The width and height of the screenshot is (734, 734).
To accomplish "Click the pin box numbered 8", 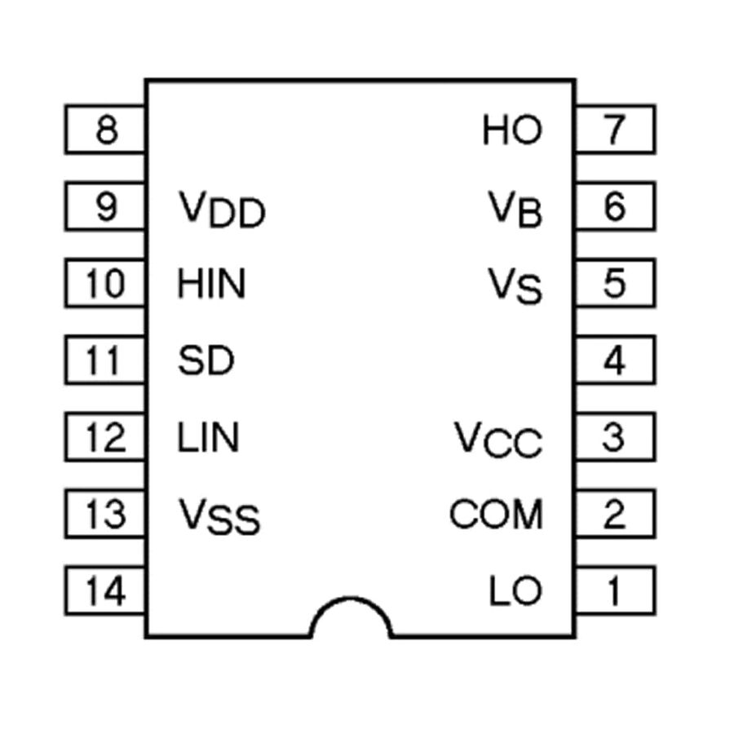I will pos(106,130).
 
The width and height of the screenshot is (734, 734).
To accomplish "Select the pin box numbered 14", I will pos(106,590).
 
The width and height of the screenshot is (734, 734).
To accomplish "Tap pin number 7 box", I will pos(615,130).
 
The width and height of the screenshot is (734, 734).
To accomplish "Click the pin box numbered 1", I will pos(615,590).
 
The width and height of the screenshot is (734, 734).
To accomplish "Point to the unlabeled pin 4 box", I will pos(615,360).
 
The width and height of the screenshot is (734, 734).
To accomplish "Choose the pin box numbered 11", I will pos(106,360).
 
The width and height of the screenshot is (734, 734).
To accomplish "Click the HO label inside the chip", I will pos(512,130).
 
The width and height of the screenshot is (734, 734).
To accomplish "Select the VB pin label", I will pos(515,210).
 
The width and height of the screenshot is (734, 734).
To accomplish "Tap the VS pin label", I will pos(515,286).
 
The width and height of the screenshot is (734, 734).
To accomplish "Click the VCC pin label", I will pos(498,440).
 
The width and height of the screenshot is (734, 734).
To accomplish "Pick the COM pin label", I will pos(496,514).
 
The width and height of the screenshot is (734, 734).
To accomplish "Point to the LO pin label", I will pos(515,591).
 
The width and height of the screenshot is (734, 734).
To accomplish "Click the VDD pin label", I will pos(221,210).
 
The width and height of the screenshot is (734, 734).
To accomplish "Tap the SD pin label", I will pos(206,360).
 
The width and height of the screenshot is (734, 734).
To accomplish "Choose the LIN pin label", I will pos(208,438).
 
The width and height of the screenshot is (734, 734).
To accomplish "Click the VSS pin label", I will pos(219,516).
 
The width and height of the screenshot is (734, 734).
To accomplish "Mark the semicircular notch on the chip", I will pos(351,620).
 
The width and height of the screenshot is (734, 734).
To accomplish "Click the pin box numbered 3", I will pos(615,437).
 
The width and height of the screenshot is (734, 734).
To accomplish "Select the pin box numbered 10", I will pos(106,283).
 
